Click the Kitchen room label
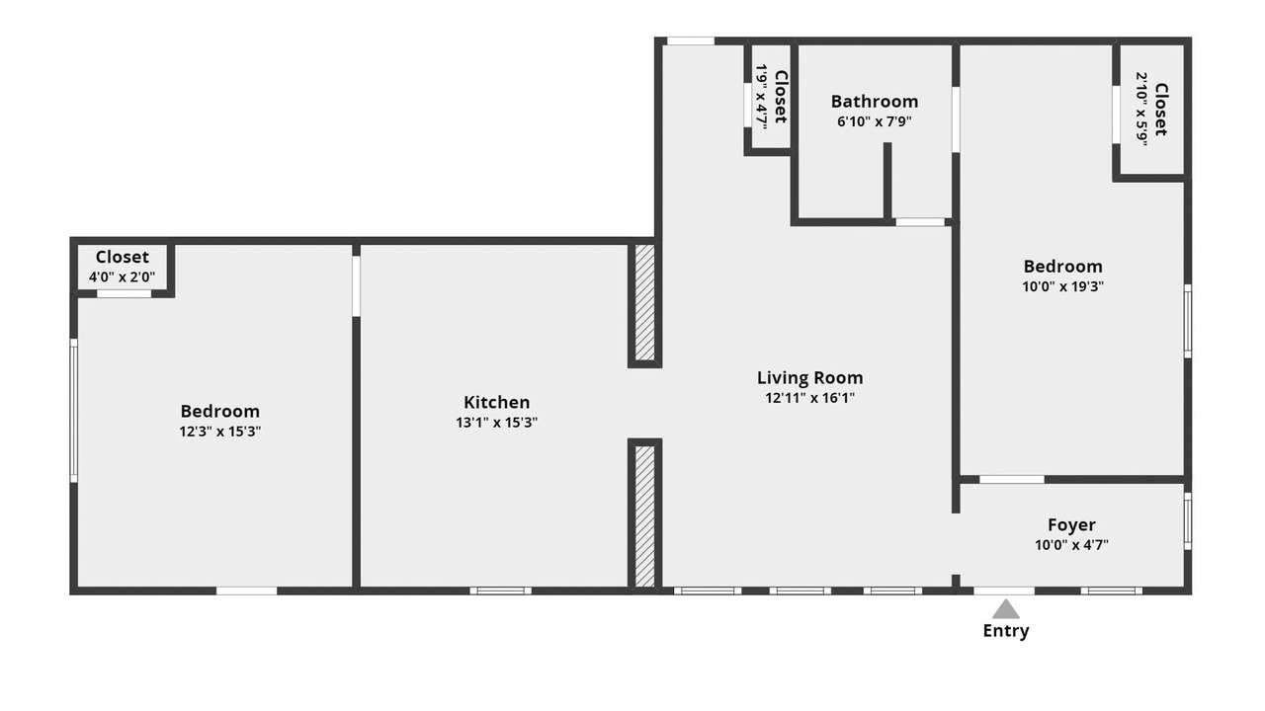496,402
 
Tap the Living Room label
809,378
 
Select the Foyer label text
1071,525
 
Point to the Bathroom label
875,102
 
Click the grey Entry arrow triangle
1006,609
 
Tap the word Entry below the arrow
1006,631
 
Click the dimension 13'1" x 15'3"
496,423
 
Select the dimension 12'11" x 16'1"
809,398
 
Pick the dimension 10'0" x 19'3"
1062,286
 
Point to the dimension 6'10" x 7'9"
875,121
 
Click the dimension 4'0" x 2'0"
122,277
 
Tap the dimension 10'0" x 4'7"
1071,545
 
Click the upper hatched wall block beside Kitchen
645,302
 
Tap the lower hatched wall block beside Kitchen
645,516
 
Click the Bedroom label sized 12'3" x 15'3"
220,411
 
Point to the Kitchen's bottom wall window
500,591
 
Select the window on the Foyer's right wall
1188,520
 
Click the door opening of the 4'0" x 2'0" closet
124,293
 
